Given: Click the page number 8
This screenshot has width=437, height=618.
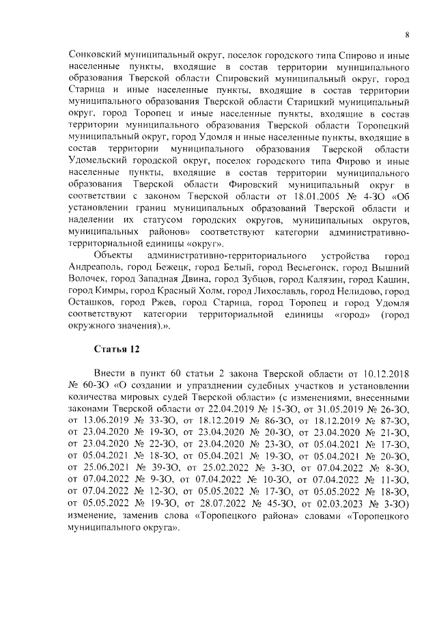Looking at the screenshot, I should point(407,35).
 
